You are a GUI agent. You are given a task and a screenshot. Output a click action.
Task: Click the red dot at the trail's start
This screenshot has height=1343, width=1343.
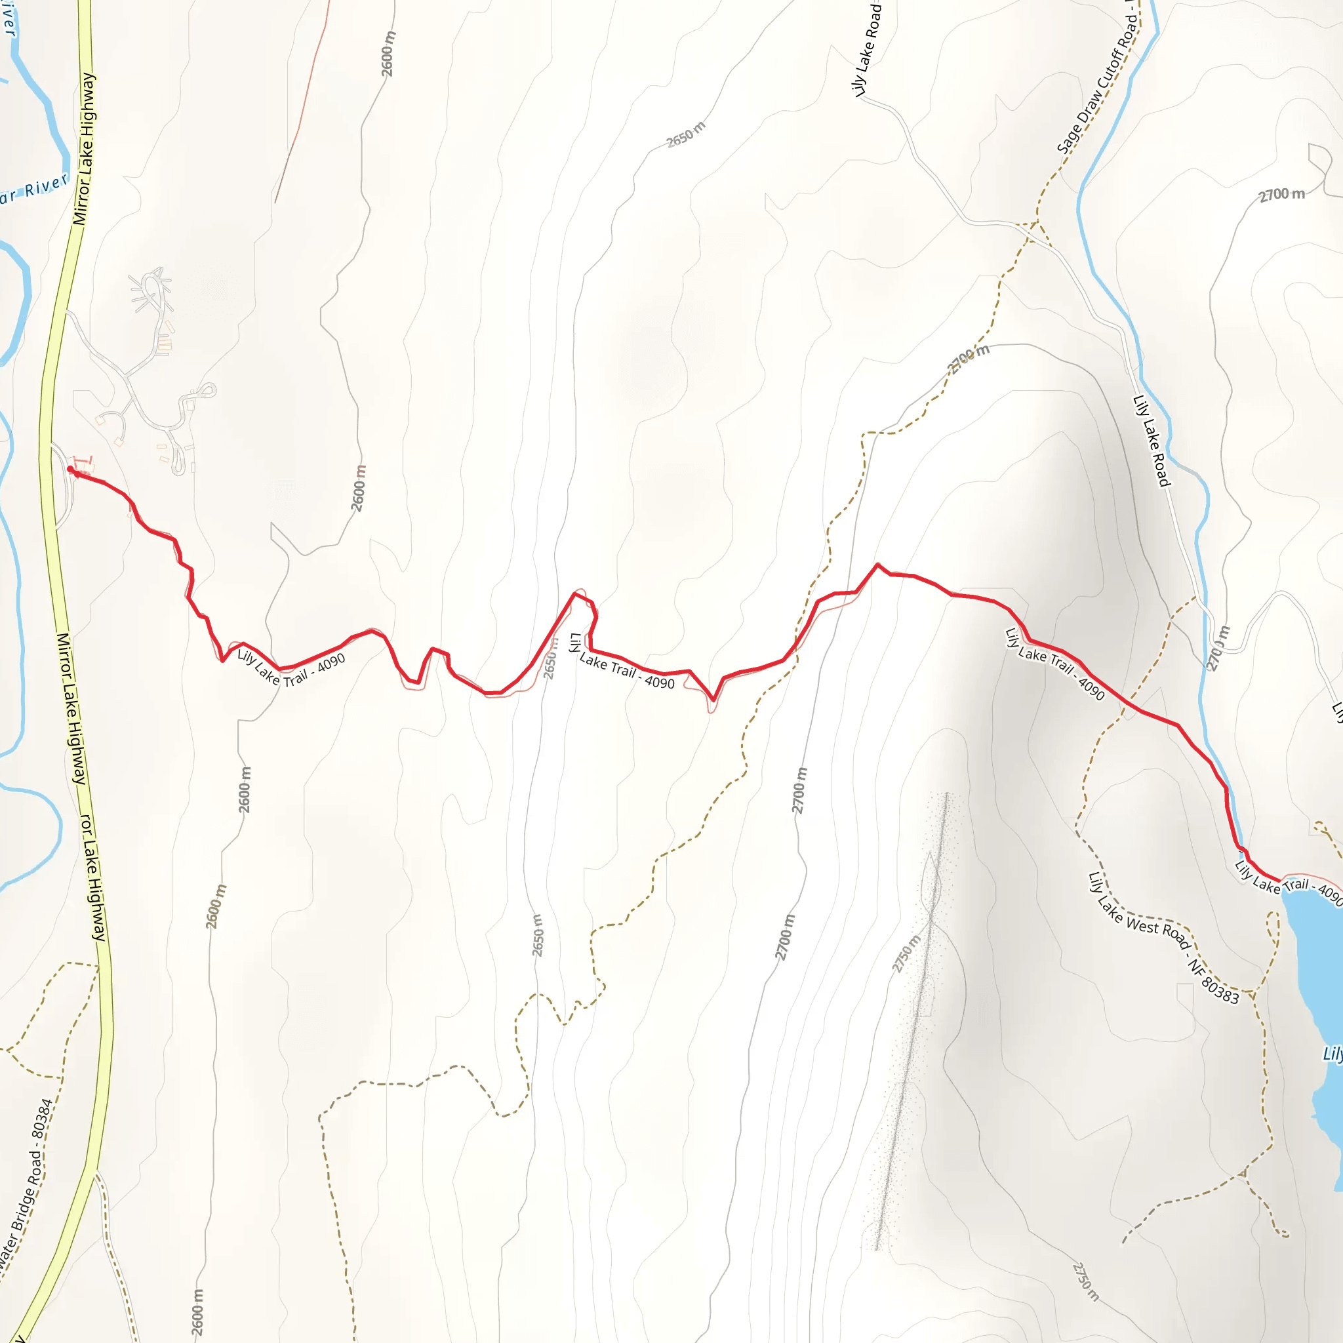(70, 470)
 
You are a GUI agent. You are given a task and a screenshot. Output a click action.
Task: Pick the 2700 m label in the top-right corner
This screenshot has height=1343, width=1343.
(1282, 195)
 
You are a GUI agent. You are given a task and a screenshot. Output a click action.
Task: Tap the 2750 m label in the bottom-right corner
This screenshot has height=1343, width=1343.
(1086, 1281)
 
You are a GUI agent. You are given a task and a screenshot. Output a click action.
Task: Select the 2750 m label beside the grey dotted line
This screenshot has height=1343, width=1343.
(906, 953)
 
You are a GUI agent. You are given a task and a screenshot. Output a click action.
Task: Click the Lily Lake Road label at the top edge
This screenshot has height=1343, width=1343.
(866, 49)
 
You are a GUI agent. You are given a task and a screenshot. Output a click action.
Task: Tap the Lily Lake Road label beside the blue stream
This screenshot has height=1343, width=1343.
(1152, 441)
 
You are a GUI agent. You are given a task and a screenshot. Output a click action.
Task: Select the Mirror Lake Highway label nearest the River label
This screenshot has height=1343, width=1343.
(85, 150)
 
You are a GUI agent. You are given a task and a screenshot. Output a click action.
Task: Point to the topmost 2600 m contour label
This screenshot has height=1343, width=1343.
(388, 54)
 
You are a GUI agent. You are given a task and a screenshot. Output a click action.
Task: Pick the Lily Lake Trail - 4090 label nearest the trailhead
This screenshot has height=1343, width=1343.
(291, 668)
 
